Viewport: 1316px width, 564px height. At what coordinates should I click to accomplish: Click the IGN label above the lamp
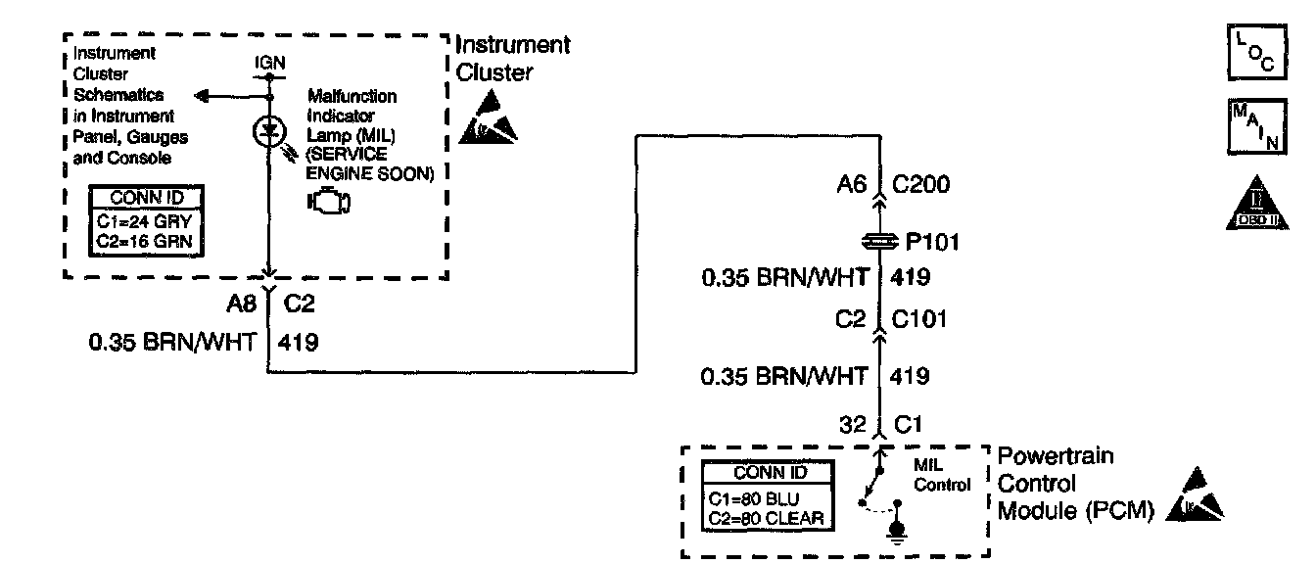pos(269,62)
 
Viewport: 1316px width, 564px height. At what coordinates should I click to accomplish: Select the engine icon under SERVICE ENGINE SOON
pos(328,202)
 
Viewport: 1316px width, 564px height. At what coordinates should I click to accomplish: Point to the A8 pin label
pos(241,305)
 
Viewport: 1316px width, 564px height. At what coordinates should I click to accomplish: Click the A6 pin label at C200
pos(851,184)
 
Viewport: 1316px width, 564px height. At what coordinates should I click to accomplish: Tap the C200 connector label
pos(921,184)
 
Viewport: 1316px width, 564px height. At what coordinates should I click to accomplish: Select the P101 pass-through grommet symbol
pos(878,240)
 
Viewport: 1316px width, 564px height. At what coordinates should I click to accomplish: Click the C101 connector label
pos(919,319)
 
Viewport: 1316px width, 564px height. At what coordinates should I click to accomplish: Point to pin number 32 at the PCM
pos(853,425)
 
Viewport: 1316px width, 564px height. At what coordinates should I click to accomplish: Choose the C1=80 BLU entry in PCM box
pos(755,498)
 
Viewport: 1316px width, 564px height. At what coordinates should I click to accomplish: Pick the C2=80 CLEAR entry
pos(767,517)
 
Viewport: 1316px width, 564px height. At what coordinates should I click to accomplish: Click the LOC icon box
pos(1254,55)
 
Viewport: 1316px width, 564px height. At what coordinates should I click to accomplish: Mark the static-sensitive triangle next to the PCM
pos(1197,496)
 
